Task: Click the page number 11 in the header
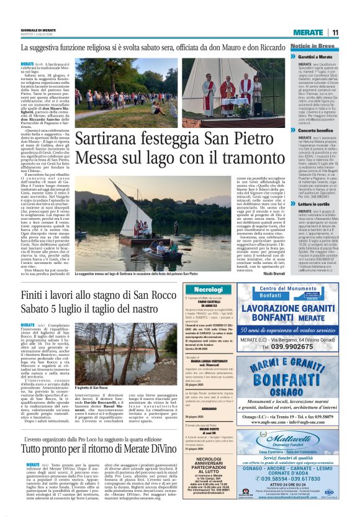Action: pos(335,32)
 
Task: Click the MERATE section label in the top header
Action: pos(308,32)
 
